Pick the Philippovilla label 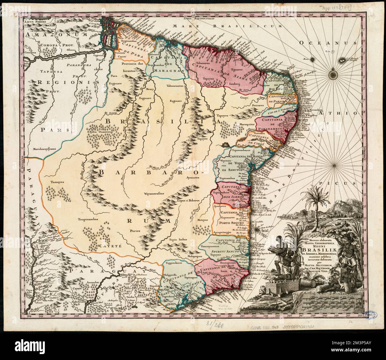172,275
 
